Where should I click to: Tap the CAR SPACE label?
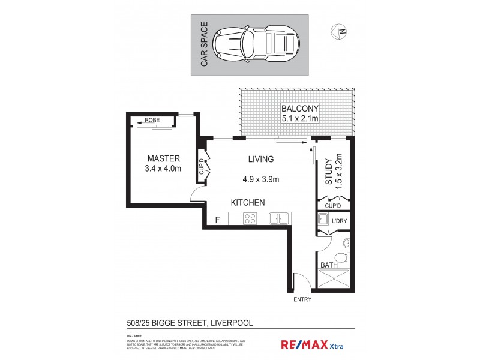pos(204,44)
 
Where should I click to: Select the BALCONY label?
pos(300,109)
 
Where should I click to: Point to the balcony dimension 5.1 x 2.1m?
pos(300,119)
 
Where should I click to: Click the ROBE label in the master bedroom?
pos(152,120)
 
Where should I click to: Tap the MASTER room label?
pos(164,158)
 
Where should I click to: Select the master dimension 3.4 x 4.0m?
pos(164,169)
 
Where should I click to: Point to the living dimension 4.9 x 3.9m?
pos(261,178)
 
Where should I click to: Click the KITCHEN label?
pos(248,203)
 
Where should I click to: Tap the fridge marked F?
pos(217,220)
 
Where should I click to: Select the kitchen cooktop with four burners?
pos(250,220)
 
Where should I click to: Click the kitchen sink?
pos(278,219)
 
